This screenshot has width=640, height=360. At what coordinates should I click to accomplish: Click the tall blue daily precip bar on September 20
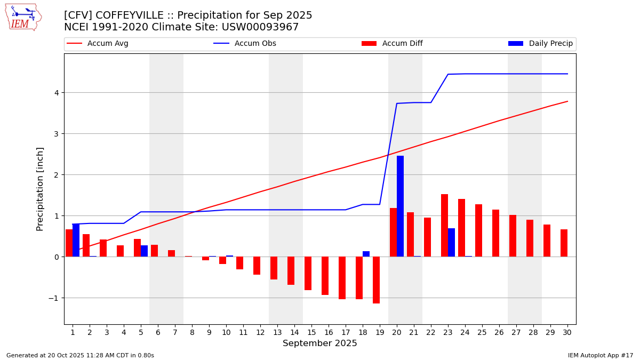(x=400, y=206)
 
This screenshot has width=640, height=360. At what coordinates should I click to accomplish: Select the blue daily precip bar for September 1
(x=76, y=240)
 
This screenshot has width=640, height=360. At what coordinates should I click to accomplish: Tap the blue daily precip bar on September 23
(x=451, y=243)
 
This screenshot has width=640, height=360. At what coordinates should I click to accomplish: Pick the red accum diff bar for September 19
(x=376, y=280)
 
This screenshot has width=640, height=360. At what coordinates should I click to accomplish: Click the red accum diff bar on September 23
(x=444, y=226)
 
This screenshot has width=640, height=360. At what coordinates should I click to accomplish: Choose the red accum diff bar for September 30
(x=564, y=243)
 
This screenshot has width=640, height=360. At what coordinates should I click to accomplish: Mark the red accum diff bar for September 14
(x=291, y=270)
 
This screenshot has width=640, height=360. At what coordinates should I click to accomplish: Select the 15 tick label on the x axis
(x=311, y=333)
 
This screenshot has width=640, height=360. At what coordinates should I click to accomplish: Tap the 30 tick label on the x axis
(x=567, y=333)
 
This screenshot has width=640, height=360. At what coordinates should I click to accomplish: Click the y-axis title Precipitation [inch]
(x=40, y=189)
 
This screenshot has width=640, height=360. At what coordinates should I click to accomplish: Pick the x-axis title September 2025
(x=320, y=343)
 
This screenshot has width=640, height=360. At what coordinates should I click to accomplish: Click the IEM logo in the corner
(x=23, y=17)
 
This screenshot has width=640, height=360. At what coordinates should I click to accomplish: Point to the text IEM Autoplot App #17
(x=601, y=355)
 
